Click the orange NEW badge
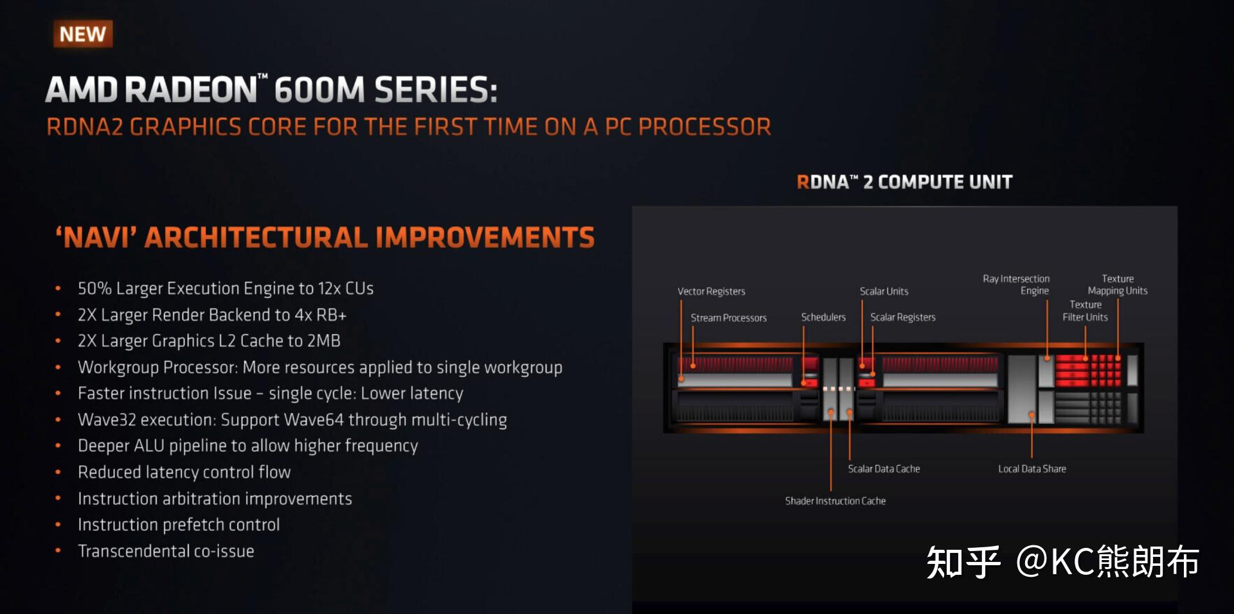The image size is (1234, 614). point(83,34)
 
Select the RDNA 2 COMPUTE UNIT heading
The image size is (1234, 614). point(904,182)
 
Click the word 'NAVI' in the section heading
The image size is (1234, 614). point(96,238)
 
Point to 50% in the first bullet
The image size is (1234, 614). point(94,288)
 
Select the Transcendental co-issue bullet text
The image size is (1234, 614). point(166,552)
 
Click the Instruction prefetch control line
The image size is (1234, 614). point(179,525)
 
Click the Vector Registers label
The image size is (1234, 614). point(711,292)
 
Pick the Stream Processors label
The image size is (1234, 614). point(728,318)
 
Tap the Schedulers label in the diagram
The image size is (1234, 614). point(823,317)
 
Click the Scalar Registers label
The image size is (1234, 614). point(902,317)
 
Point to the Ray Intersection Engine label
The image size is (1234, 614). point(1016,285)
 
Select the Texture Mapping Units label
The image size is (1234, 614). point(1117,285)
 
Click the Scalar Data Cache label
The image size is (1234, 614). point(884,469)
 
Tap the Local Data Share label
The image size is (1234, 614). point(1032,469)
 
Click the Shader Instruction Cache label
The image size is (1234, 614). point(835,501)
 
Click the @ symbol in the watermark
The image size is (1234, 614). point(1032,561)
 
